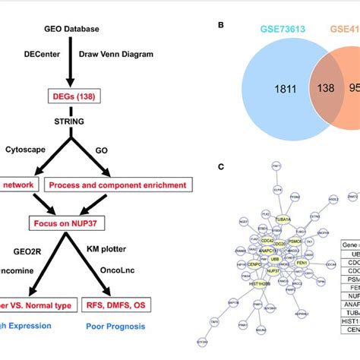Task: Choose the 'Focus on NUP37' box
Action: (72, 225)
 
